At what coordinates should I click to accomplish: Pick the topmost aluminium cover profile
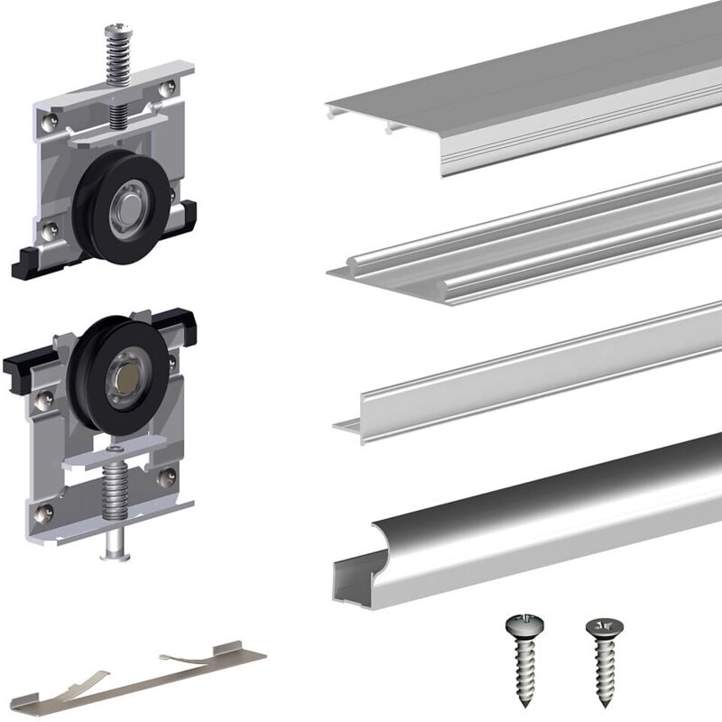(541, 90)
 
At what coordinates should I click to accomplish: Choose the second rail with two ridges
(541, 239)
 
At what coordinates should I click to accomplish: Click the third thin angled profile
(541, 370)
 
